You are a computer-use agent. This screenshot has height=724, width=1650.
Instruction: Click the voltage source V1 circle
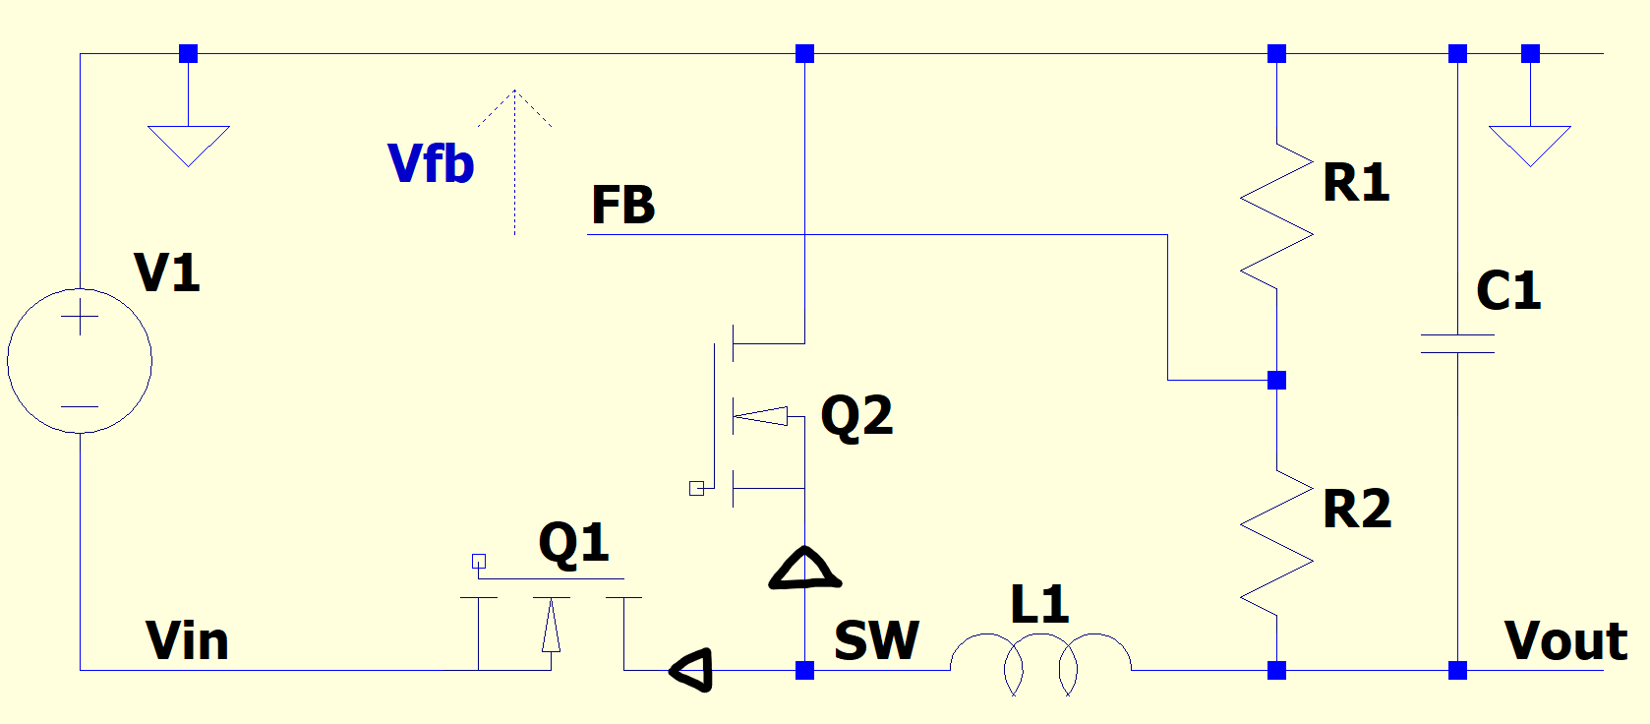point(80,360)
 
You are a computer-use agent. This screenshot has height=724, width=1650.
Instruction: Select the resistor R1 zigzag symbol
point(1276,216)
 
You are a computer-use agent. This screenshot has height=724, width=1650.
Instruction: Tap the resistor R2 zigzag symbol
point(1276,543)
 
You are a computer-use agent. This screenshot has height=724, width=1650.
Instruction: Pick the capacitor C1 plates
point(1457,343)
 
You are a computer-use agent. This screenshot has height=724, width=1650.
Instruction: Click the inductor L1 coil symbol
point(1040,661)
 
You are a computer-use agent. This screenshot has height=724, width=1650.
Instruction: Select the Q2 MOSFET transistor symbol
point(757,416)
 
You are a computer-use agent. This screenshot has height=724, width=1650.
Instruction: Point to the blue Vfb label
point(431,163)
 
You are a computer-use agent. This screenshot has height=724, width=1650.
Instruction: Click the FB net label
point(622,205)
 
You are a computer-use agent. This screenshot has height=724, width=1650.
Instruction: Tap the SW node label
point(876,641)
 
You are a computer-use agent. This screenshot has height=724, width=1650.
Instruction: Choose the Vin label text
point(187,641)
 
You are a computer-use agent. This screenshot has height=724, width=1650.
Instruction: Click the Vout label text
point(1565,641)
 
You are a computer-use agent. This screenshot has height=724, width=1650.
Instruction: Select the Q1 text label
point(573,543)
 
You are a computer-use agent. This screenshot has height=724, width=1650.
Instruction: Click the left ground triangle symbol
point(188,144)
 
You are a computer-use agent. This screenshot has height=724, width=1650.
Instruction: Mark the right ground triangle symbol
point(1530,144)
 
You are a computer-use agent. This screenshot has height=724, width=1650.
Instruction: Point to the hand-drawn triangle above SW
point(804,570)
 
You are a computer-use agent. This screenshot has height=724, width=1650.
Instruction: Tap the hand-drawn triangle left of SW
point(692,671)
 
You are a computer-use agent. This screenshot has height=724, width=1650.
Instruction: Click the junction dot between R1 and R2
point(1276,380)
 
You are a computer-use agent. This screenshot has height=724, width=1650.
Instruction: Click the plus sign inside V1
point(80,318)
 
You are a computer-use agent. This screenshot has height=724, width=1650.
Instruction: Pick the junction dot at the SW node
point(804,671)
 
